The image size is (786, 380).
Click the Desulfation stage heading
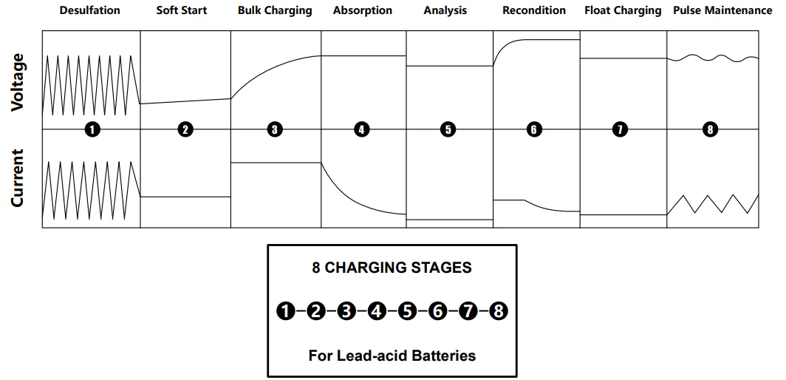[x=89, y=11]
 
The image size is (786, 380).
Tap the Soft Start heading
[x=181, y=11]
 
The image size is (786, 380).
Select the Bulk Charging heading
[x=275, y=11]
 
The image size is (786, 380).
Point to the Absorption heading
[x=363, y=11]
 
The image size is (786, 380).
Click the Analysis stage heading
[x=447, y=11]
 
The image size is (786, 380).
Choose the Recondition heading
[x=533, y=11]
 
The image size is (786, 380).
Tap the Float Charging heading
[x=623, y=11]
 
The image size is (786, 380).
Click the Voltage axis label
[x=18, y=82]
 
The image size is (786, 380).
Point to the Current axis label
[x=18, y=178]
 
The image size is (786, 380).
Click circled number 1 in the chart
[x=92, y=129]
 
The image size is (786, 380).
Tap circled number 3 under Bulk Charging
[x=275, y=129]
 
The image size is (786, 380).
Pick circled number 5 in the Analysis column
[x=448, y=129]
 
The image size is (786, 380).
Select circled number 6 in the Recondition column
[x=534, y=129]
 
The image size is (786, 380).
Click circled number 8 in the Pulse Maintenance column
[x=711, y=129]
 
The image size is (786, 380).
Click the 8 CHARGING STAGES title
[x=392, y=268]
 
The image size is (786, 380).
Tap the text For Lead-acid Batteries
[x=392, y=356]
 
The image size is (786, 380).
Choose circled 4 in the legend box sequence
[x=377, y=311]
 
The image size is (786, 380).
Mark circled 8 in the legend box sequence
[x=499, y=311]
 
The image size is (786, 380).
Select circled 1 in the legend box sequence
[x=285, y=311]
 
